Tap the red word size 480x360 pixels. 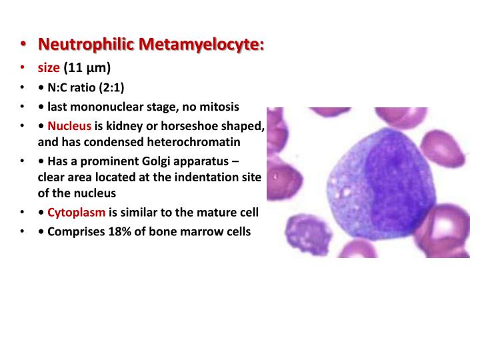pos(49,67)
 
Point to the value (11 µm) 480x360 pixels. pos(87,67)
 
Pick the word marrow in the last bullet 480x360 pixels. pos(202,233)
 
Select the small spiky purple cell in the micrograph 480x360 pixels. pos(304,235)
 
